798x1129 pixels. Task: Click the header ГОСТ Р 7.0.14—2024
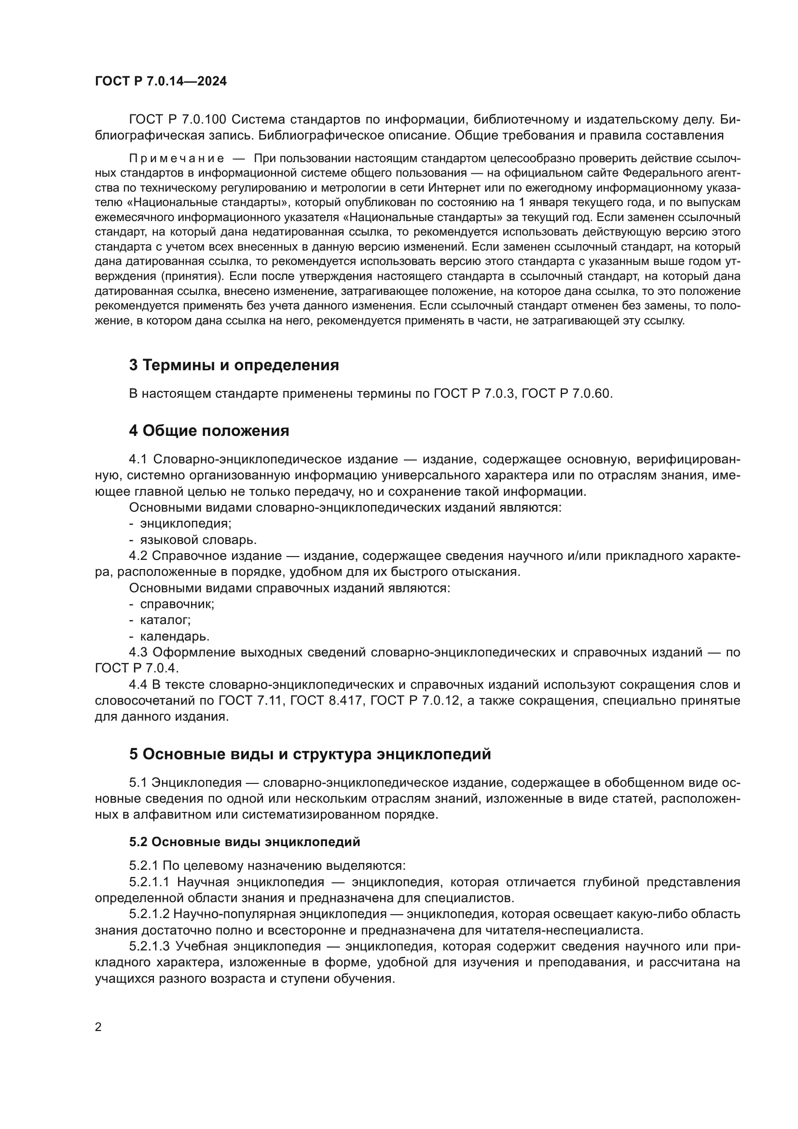tap(161, 82)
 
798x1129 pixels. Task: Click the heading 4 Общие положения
tap(209, 431)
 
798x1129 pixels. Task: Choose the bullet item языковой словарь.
tap(198, 540)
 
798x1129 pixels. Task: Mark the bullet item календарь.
tap(175, 636)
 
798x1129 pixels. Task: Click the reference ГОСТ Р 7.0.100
tap(178, 120)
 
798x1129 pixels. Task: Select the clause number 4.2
tap(138, 556)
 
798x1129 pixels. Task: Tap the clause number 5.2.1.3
tap(150, 946)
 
